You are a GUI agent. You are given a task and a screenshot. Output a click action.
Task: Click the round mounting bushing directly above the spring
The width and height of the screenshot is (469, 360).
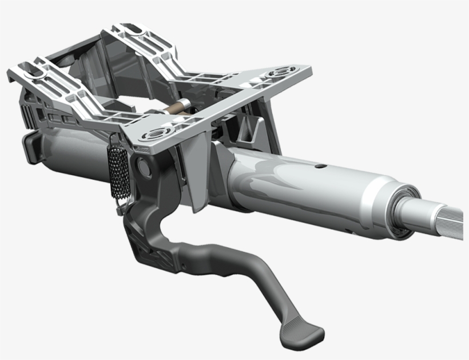[153, 136]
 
